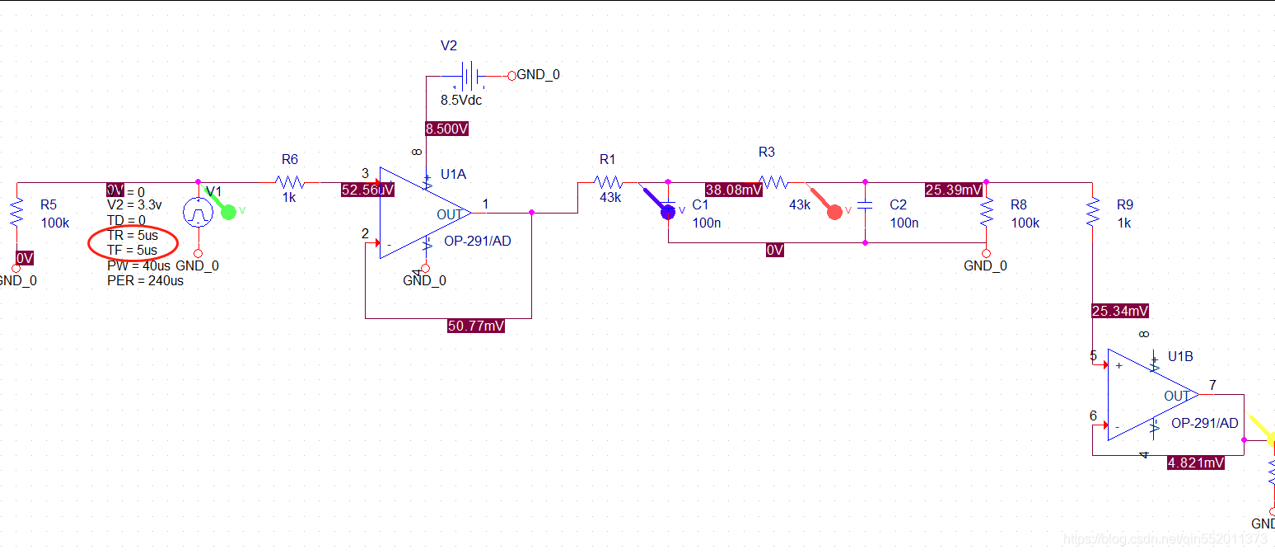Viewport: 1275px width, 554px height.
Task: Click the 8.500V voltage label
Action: tap(447, 129)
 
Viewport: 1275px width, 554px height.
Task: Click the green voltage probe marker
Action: tap(228, 212)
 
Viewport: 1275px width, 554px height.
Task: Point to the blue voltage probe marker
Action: tap(667, 211)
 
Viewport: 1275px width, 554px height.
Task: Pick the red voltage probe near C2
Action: tap(834, 211)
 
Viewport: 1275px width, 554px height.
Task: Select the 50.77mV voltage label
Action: tap(475, 326)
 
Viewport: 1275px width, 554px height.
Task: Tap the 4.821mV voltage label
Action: tap(1195, 462)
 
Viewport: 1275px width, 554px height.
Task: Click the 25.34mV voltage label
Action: tap(1119, 311)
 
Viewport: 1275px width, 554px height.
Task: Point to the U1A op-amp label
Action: tap(453, 174)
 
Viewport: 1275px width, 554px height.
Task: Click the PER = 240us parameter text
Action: tap(145, 280)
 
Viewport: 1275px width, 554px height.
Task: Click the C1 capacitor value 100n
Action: tap(707, 223)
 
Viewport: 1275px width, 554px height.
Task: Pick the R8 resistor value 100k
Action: tap(1025, 223)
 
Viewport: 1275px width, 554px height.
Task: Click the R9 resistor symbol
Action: tap(1092, 213)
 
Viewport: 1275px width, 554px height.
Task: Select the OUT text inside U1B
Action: tap(1176, 396)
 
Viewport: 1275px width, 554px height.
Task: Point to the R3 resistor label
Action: tap(767, 152)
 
